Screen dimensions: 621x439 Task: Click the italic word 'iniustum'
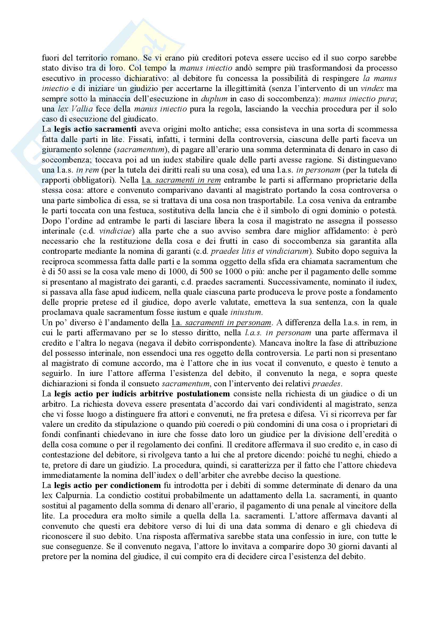[x=246, y=312]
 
